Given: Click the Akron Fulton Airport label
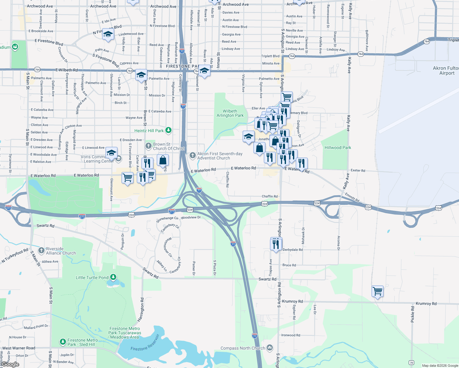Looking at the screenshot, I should pos(446,71).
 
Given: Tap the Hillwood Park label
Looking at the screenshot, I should pos(338,148).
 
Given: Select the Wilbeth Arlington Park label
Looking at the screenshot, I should pos(230,113).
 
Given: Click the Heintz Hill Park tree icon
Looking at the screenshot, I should pos(168,130).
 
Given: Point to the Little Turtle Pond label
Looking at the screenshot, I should pos(92,278).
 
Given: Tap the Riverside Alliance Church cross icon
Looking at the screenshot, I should pos(41,251).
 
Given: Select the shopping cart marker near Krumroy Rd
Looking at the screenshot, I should pos(377,291).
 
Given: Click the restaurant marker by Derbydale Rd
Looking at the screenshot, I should pos(276,244).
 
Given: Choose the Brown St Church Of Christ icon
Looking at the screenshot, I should pos(148,146).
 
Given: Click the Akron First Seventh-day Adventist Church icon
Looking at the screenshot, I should pos(193,155).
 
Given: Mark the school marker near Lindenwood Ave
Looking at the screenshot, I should pos(108,34).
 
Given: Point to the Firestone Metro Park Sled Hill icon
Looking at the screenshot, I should pos(63,342).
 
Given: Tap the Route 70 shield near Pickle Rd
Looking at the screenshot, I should pos(411,363).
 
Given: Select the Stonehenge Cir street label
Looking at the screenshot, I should pos(167,219).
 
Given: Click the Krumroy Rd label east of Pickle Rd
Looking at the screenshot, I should pos(426,304).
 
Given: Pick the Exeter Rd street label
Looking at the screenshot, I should pos(358,171).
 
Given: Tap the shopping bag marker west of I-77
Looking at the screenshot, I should pos(163,160).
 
